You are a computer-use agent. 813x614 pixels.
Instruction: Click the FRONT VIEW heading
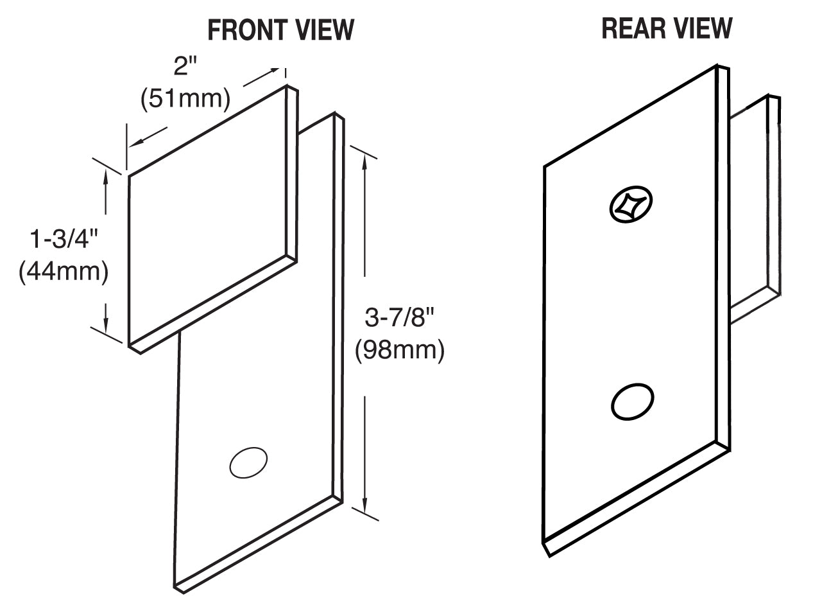coord(280,30)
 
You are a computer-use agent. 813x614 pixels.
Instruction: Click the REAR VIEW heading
coord(667,28)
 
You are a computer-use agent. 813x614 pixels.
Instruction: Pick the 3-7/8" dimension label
coord(400,317)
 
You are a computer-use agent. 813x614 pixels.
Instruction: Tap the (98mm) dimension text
coord(400,350)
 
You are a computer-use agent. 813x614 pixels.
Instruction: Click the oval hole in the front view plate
coord(248,462)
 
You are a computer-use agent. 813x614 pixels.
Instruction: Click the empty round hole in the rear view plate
coord(633,403)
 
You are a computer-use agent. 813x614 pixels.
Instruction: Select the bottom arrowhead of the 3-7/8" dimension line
coord(364,502)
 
